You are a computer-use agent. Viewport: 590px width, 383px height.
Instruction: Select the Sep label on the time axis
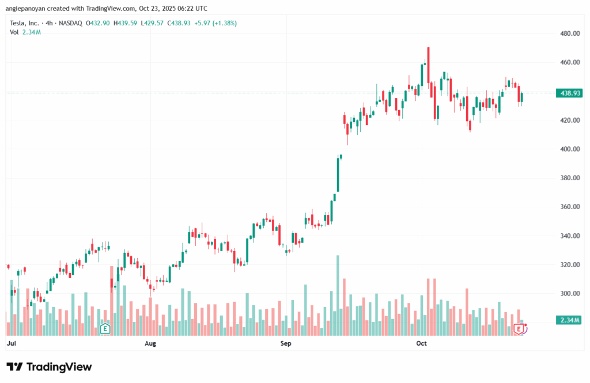coord(286,344)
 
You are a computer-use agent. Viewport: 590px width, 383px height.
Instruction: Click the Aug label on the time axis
coord(150,344)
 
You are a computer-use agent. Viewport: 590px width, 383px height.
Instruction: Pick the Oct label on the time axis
coord(421,344)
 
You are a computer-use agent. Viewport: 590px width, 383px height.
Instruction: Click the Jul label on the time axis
coord(10,344)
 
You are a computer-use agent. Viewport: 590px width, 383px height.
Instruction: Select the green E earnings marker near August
coord(105,329)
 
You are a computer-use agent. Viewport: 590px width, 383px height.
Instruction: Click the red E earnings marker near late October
coord(519,329)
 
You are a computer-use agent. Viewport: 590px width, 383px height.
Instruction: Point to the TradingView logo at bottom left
coord(49,367)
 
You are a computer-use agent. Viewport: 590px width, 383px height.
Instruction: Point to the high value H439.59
coord(126,23)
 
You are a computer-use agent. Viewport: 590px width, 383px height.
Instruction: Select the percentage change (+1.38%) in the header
coord(224,23)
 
